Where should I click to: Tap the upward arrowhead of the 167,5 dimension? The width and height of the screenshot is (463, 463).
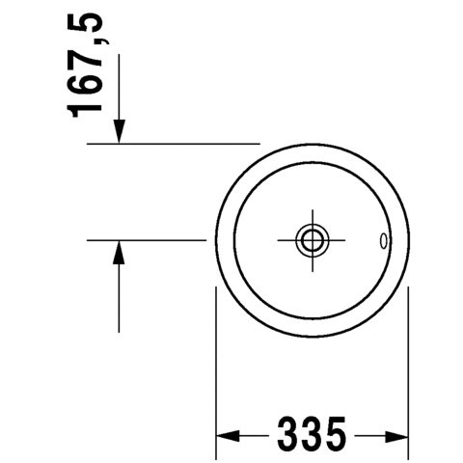coord(120,252)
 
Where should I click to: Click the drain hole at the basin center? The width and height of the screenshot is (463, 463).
coord(312,238)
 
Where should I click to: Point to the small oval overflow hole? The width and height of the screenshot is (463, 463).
coord(385,240)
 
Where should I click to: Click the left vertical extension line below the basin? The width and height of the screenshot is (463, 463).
coord(214,367)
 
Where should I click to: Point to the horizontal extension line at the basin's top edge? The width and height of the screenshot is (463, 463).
coord(174,143)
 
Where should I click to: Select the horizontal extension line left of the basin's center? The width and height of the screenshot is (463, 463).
coord(145,238)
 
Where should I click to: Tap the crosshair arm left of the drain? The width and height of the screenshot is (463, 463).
coord(286,238)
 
